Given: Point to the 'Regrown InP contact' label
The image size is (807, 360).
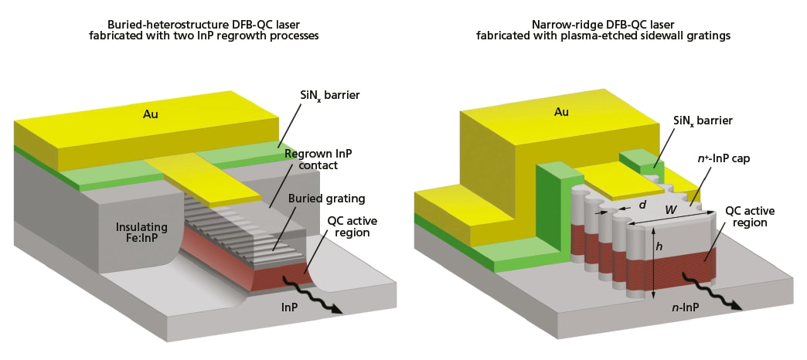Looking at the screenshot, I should [318, 160].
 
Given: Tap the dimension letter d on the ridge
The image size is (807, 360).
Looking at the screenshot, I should [642, 205].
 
